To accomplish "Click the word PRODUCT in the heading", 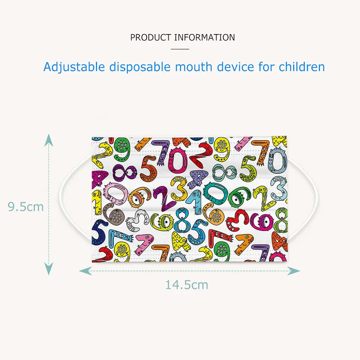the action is [150, 37].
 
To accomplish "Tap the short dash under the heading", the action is [180, 49].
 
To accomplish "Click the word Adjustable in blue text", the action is [74, 67].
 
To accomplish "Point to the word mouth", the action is [194, 67].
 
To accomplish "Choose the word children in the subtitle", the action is [302, 67].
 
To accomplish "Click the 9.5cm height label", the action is [26, 207].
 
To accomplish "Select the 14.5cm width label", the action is [186, 285].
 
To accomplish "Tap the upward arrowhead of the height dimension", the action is [49, 140].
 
